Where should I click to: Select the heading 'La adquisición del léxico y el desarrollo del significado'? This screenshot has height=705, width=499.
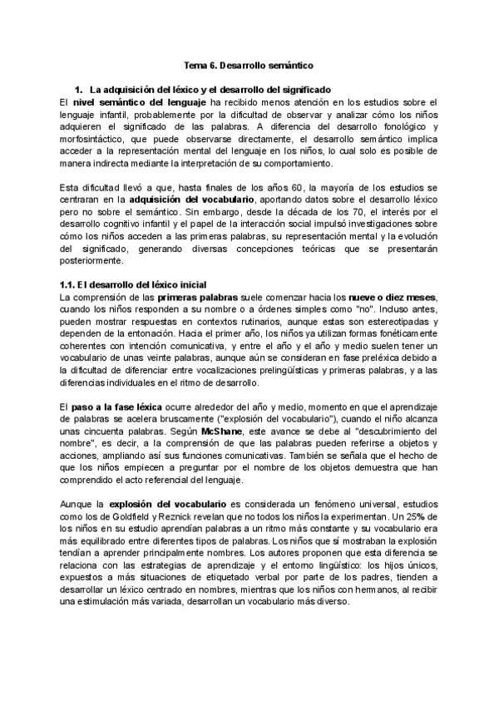[x=210, y=88]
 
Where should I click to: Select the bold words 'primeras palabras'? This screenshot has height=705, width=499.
[x=198, y=298]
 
